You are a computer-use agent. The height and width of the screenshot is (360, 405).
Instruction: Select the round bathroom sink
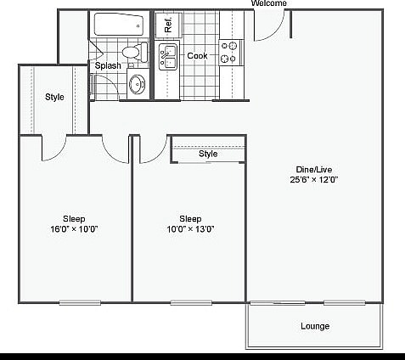137,84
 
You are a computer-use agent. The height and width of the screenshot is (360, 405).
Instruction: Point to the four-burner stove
229,52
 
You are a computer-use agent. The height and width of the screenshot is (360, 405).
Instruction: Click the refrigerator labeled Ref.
168,25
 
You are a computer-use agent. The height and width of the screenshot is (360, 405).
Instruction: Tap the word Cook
197,56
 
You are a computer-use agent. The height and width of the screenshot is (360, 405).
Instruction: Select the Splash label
108,65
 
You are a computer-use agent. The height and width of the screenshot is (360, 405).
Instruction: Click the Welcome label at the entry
269,3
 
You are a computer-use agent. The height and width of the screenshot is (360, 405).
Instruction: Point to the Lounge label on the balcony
314,326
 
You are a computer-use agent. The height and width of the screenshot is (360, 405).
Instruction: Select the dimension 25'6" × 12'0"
313,179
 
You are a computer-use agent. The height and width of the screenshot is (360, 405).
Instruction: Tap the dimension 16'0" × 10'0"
74,229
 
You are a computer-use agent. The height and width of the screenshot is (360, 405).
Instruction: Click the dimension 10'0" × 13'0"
189,229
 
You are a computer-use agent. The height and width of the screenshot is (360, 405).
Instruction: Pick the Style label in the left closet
54,97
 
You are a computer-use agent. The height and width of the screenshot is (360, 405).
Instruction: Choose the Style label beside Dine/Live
208,154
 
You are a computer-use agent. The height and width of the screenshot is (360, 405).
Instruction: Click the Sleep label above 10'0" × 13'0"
189,218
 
